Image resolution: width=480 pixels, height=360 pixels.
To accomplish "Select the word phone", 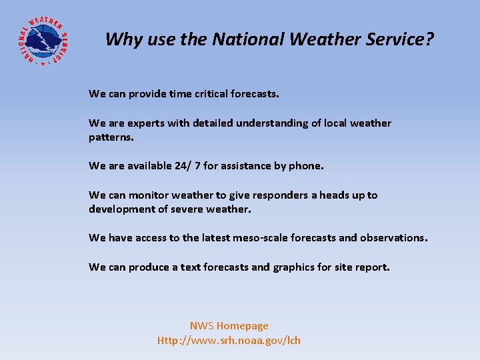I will pos(305,166).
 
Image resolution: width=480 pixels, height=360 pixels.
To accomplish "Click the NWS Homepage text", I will pos(229,326).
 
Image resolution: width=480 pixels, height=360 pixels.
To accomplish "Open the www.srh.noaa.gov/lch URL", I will pos(229,341).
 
